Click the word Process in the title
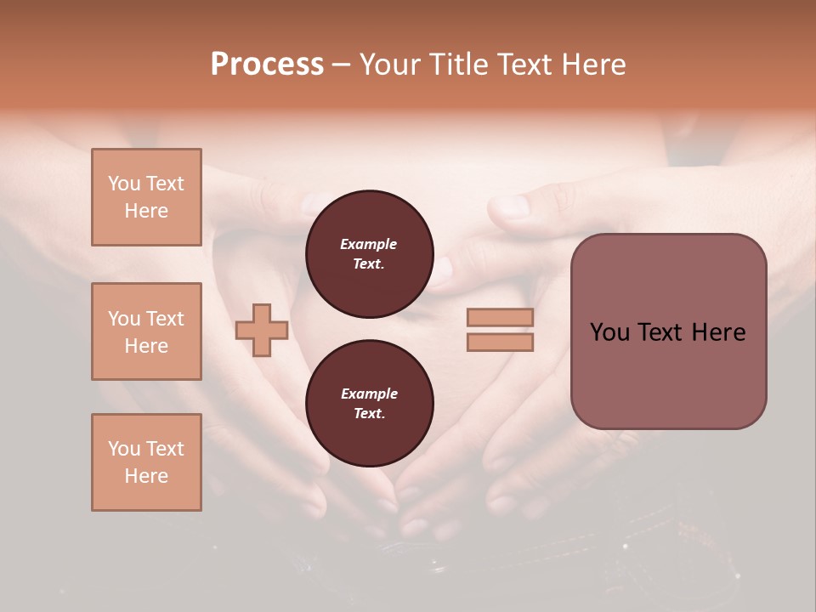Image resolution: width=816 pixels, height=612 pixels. click(x=267, y=65)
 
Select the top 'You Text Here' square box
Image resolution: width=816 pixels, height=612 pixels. click(x=146, y=197)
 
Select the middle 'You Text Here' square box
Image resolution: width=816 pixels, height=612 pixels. click(x=146, y=331)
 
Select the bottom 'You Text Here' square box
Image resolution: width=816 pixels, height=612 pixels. click(x=146, y=462)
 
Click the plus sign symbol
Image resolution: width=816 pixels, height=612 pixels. click(x=262, y=330)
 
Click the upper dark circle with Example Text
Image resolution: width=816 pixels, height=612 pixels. click(x=370, y=254)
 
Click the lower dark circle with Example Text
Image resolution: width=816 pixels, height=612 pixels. click(x=370, y=404)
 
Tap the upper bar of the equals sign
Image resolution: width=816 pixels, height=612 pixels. click(x=500, y=318)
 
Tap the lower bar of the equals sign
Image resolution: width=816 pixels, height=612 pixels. click(x=500, y=343)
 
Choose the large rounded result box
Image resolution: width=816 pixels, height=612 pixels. click(x=668, y=331)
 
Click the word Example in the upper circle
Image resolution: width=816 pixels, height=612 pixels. click(x=369, y=245)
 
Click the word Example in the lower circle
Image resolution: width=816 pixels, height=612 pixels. click(x=369, y=394)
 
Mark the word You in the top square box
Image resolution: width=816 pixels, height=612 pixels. click(x=124, y=184)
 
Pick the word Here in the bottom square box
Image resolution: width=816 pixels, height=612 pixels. click(x=146, y=476)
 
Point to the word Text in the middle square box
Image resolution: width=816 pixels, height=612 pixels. click(x=163, y=319)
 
